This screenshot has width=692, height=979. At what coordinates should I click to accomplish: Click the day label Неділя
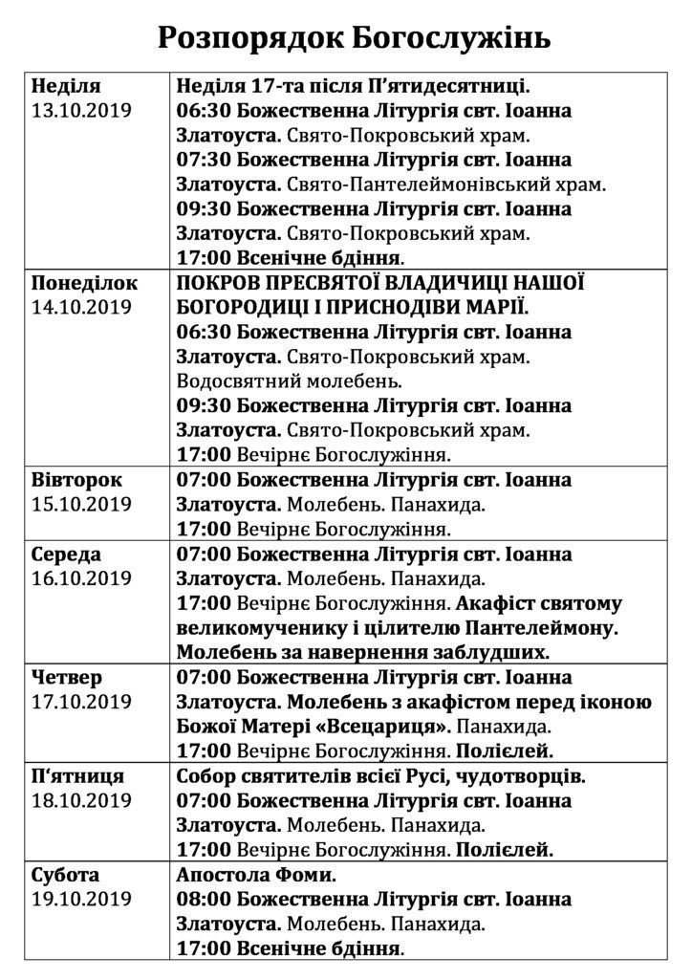[65, 85]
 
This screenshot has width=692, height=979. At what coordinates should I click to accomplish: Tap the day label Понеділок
[84, 284]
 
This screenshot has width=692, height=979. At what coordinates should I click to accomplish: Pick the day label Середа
[66, 554]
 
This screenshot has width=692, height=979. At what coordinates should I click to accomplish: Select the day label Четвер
[66, 677]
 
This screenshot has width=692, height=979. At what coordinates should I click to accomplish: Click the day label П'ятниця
[77, 776]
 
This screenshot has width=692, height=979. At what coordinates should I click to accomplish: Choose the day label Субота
[65, 875]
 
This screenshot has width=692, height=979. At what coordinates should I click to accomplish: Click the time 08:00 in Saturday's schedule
[204, 900]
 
